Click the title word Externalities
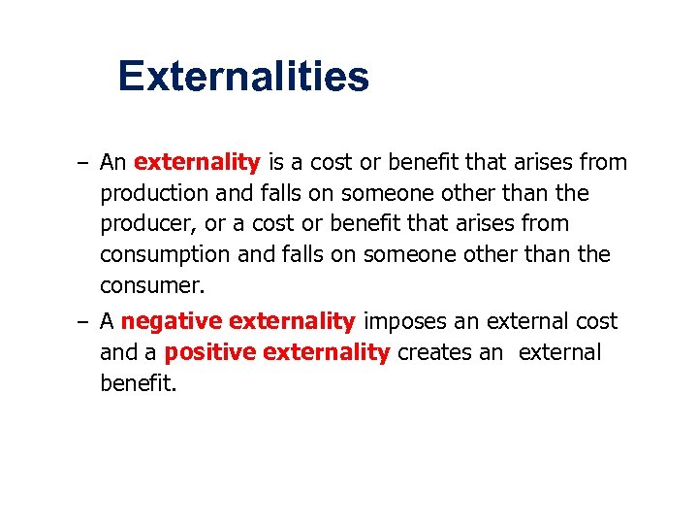[x=243, y=76]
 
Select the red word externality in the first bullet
[x=197, y=162]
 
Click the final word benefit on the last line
[x=139, y=383]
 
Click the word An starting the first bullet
[x=113, y=162]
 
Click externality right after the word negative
[x=293, y=321]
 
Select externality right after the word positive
[x=328, y=352]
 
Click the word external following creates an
[x=559, y=352]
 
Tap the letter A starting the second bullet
[x=107, y=321]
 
